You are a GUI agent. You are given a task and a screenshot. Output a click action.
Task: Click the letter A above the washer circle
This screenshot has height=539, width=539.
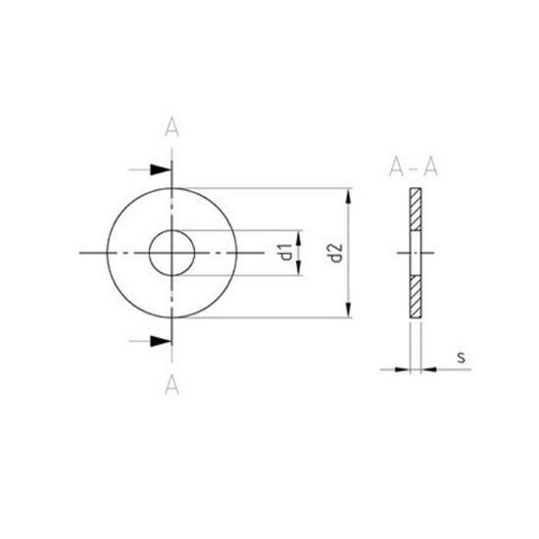tap(171, 127)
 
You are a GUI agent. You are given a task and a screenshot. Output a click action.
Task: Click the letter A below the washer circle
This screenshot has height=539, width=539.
tap(171, 382)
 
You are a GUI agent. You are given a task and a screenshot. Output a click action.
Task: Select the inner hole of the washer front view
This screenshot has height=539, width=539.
tap(171, 254)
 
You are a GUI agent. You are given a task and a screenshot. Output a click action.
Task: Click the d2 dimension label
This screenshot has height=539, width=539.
tap(335, 253)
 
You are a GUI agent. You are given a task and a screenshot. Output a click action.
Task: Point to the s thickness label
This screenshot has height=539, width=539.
tap(460, 358)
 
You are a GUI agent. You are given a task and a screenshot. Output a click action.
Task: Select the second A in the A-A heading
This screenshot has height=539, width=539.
tap(429, 166)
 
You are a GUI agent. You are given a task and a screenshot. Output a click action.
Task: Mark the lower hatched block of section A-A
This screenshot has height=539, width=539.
tap(416, 298)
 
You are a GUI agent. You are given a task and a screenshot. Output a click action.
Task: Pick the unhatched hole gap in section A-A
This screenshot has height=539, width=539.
tap(416, 254)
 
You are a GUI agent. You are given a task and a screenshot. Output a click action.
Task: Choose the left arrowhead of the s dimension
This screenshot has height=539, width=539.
tap(405, 368)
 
